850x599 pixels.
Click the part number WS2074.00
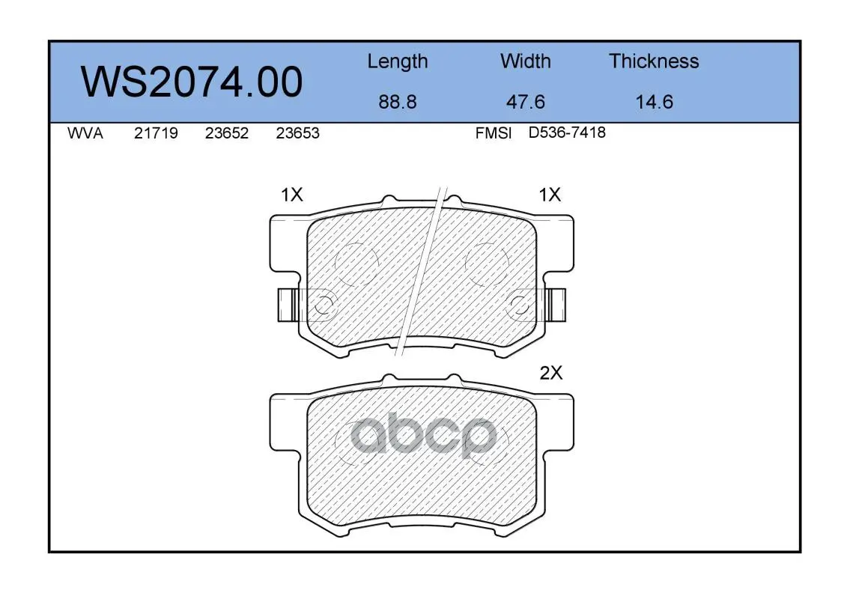(192, 82)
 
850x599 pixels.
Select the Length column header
(398, 62)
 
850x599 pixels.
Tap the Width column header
(525, 61)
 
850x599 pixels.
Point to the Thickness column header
(654, 61)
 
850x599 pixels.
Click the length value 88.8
(398, 102)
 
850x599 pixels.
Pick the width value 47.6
(525, 102)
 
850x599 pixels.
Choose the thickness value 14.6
(655, 102)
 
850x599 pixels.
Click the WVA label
(85, 133)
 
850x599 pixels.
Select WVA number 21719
(156, 133)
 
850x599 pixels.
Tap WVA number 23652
(227, 133)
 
